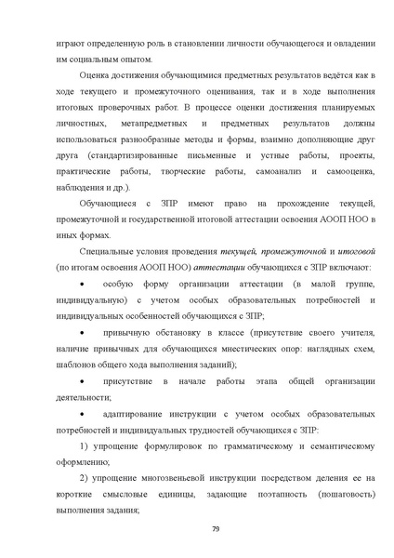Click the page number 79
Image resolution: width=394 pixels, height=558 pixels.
pyautogui.click(x=215, y=529)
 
